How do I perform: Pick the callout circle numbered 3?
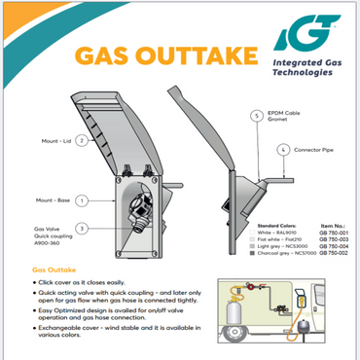coord(83,229)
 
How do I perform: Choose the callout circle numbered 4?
coord(282,150)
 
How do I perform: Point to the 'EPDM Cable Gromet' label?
coord(292,118)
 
